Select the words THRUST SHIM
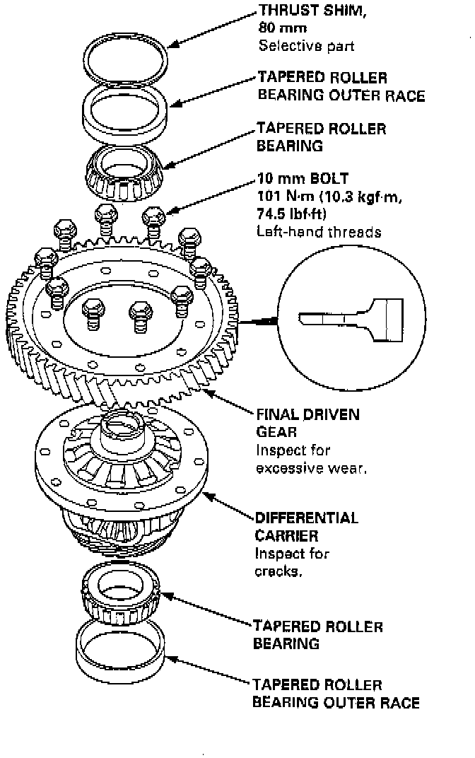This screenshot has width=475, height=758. pos(303,11)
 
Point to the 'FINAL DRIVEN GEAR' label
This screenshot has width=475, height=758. pos(307,422)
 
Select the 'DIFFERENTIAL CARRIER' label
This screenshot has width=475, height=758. pos(306,527)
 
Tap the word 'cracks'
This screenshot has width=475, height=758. pos(278,571)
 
